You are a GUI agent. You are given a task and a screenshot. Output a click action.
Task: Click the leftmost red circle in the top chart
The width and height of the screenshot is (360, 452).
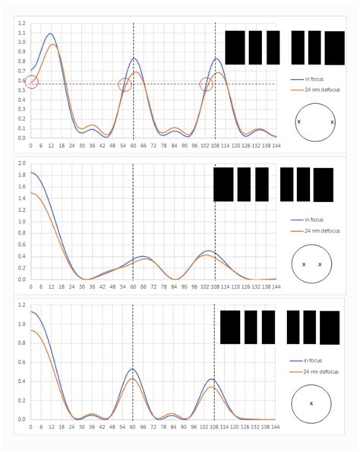coord(31,81)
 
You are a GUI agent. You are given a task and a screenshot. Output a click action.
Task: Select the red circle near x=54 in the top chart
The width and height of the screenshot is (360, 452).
coord(125,85)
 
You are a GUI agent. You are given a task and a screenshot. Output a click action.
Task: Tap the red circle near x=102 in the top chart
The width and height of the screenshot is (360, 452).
coord(207,84)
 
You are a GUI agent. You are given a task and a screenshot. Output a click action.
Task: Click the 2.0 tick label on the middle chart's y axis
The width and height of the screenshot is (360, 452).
coord(21,163)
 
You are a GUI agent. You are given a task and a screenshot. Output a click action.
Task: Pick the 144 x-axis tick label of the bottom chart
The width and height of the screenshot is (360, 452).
coord(276,428)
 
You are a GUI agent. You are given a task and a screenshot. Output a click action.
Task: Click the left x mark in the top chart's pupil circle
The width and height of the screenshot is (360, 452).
coord(298,122)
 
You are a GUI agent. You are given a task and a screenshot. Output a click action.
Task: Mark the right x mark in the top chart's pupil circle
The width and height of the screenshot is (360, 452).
coord(333,122)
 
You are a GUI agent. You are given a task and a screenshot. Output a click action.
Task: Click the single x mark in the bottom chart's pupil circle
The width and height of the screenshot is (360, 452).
coord(311,403)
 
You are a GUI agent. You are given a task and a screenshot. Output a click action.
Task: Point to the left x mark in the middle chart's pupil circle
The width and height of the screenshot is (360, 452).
coord(304,264)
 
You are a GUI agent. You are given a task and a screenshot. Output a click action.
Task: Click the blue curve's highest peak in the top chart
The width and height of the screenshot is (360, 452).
coord(51,33)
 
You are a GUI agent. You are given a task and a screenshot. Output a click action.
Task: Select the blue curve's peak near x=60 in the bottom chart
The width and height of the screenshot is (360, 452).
coord(133,369)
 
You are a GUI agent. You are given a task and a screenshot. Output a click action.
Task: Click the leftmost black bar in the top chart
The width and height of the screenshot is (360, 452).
coord(235,47)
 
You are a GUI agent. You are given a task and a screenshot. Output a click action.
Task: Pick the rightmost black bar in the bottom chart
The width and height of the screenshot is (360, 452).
coord(330,327)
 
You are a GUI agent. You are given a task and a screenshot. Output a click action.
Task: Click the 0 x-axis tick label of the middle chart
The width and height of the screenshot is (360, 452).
coord(31,287)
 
